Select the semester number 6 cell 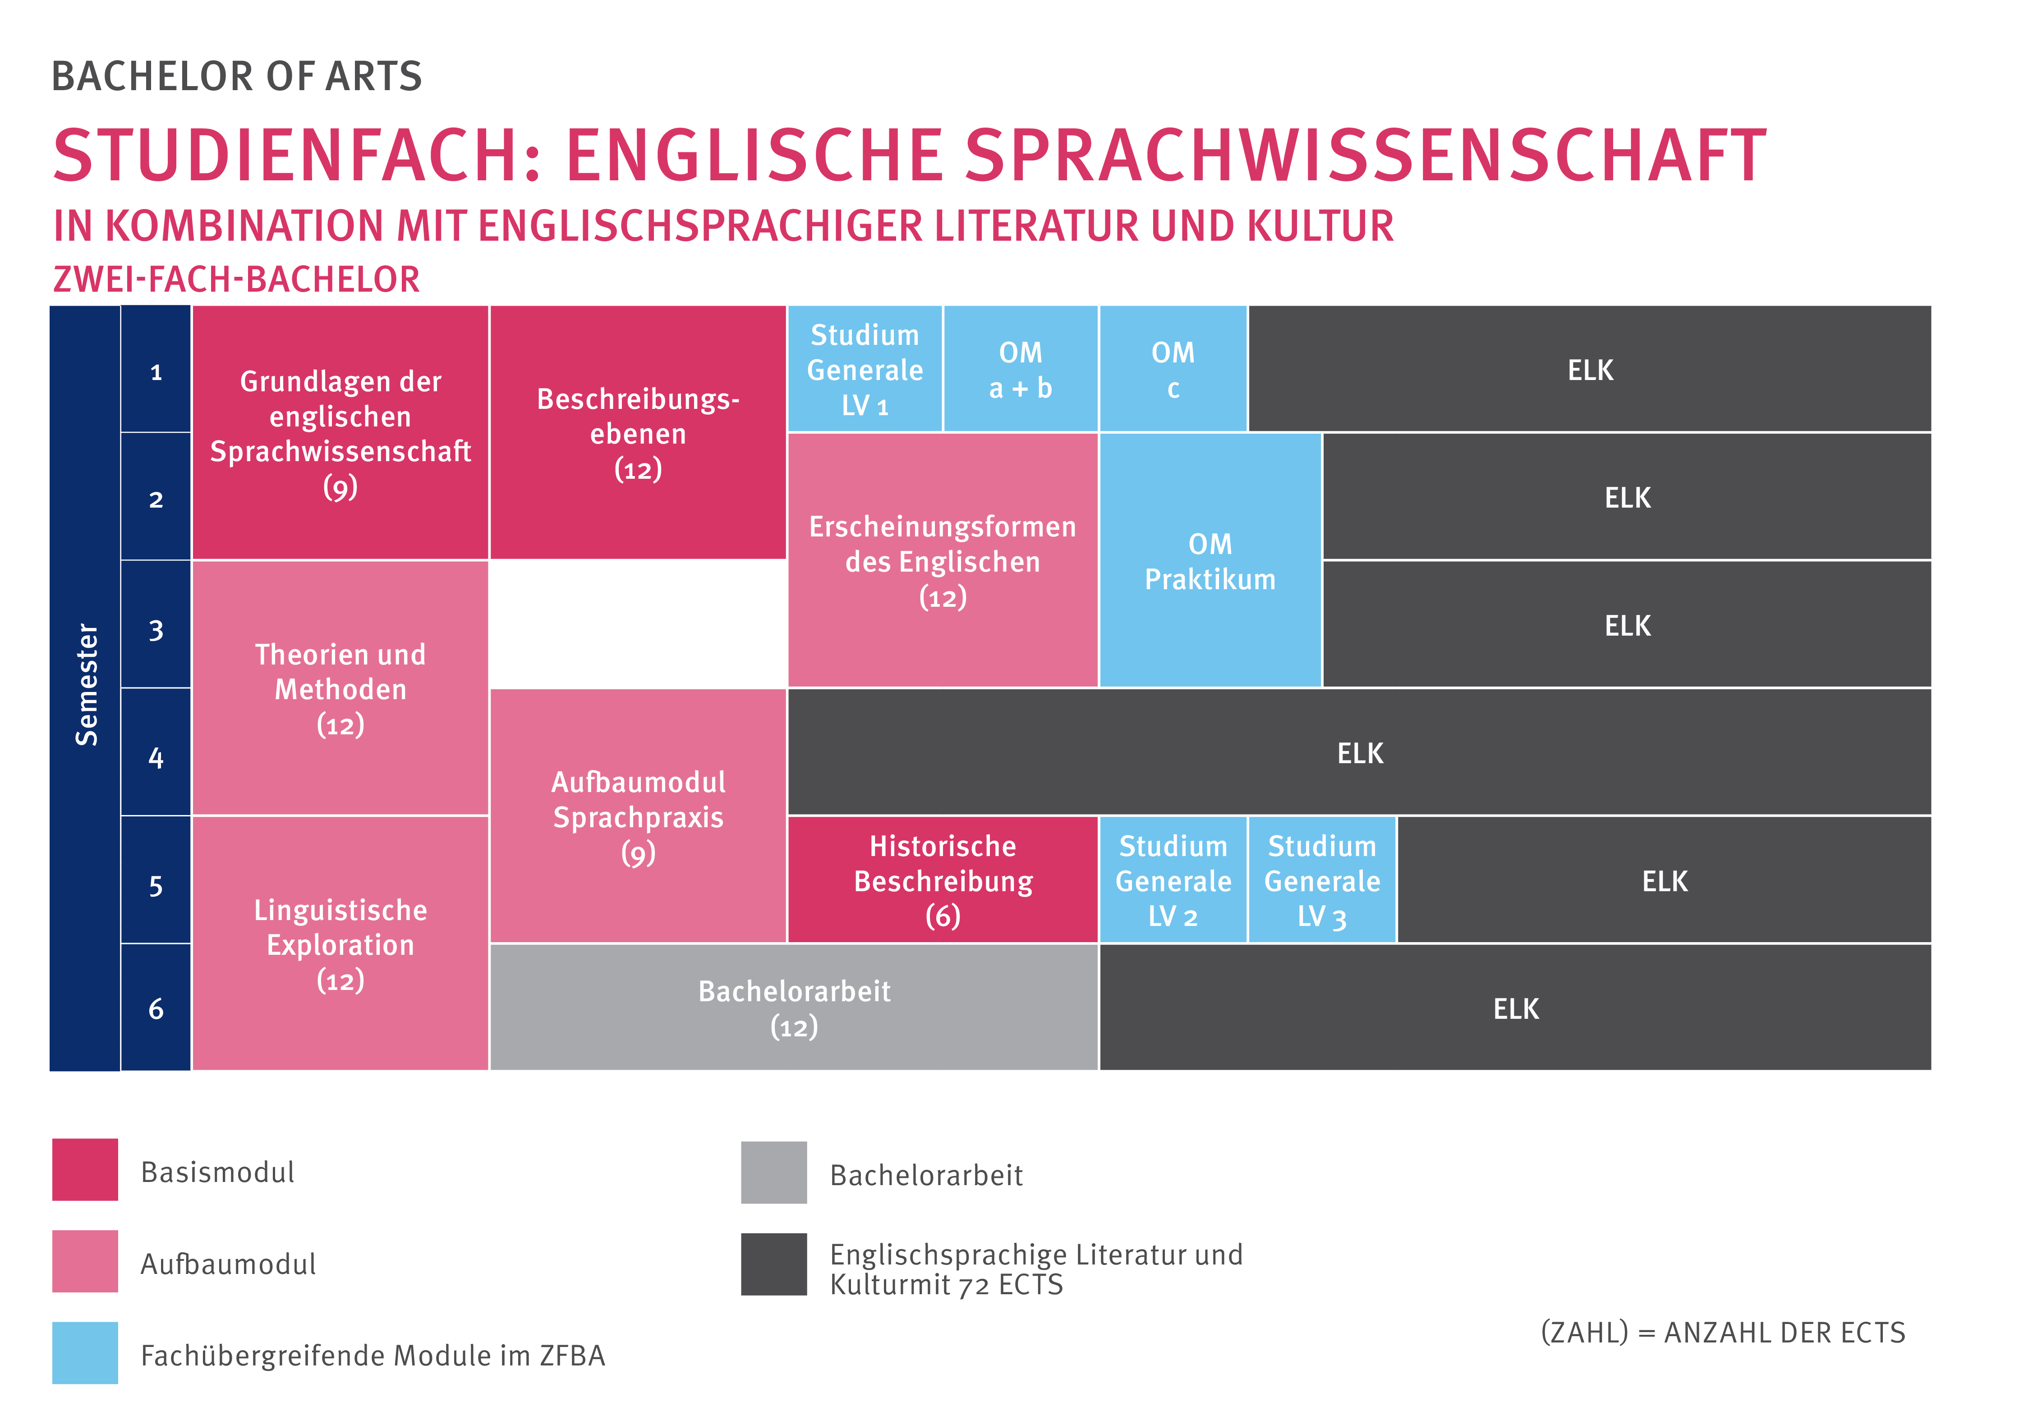(156, 1008)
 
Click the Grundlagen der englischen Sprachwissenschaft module (340, 433)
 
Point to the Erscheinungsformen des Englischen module (943, 561)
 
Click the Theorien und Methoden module (340, 688)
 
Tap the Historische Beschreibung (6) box (943, 879)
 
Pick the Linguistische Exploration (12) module (340, 944)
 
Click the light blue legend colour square (85, 1352)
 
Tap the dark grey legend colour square (773, 1264)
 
